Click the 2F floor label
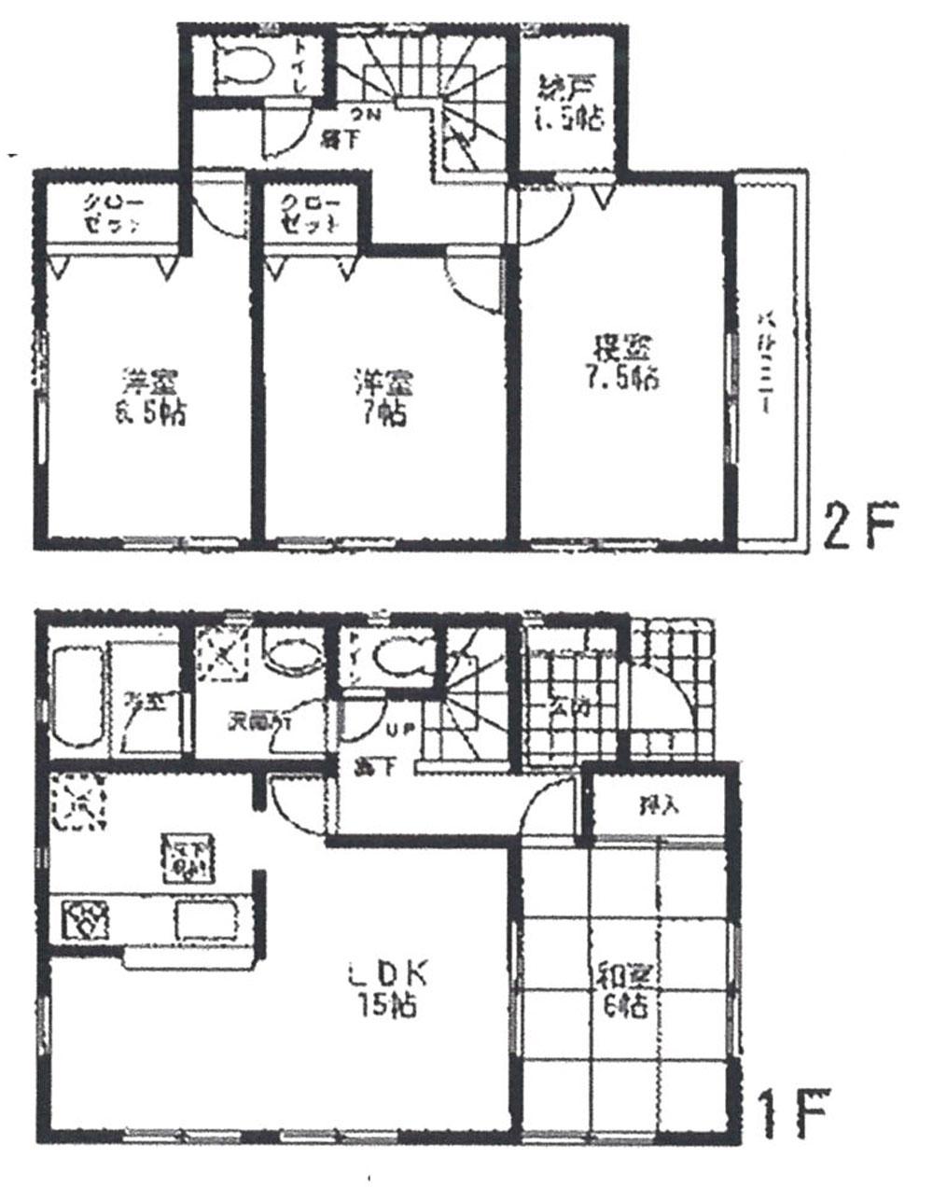pos(859,527)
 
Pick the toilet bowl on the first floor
pos(401,656)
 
